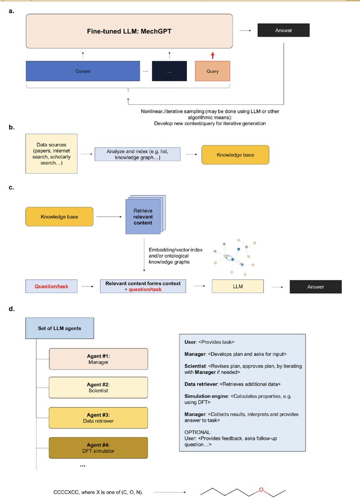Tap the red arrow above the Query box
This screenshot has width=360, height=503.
tap(212, 55)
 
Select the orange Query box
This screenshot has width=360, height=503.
tap(212, 71)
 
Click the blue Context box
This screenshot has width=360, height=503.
tap(83, 71)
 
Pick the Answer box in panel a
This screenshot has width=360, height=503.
tap(283, 30)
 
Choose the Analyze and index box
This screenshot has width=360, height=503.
tap(137, 154)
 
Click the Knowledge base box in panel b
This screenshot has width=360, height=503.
tap(235, 155)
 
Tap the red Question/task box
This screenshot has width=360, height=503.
tap(52, 287)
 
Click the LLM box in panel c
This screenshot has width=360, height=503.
tap(238, 287)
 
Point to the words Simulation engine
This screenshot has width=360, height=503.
tap(204, 396)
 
